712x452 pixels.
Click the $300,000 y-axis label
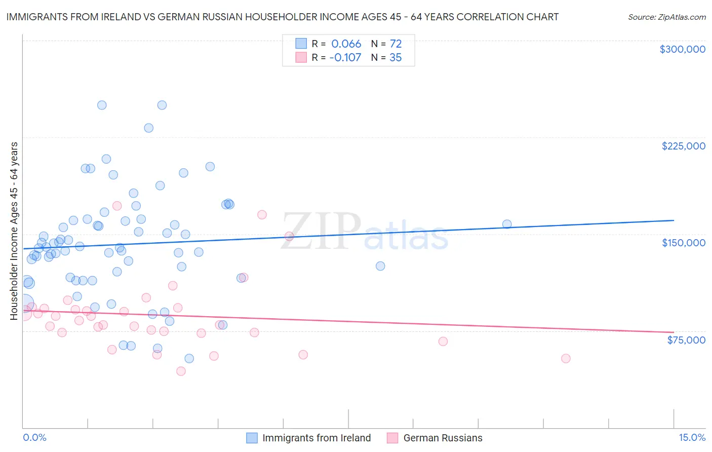(682, 49)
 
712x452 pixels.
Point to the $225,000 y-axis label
(683, 146)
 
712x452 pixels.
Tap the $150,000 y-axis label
(683, 243)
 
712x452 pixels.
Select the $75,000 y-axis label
(686, 340)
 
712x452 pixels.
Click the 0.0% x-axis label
(34, 437)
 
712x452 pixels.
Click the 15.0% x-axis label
(692, 437)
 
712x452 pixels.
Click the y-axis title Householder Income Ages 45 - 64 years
(14, 231)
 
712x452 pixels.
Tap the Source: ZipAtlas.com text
(666, 17)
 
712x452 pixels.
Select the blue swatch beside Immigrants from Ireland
(252, 438)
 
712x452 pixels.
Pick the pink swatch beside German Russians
(392, 438)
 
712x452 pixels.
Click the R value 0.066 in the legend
(346, 44)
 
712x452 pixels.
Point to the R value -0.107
(345, 57)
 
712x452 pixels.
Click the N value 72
(395, 44)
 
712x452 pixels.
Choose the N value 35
(395, 57)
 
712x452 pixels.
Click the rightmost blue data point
(507, 224)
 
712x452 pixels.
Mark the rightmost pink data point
(566, 358)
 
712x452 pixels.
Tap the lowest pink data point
(181, 371)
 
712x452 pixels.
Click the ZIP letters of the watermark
(321, 232)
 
